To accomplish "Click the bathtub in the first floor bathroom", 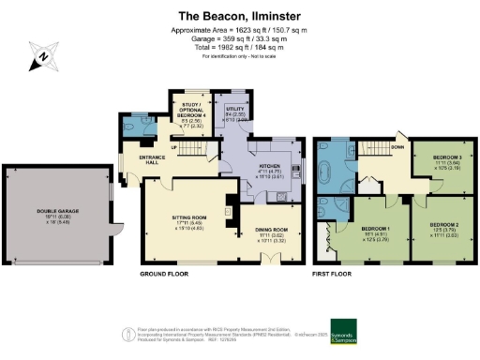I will click(x=328, y=174).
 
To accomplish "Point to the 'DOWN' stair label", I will click(x=397, y=146).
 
